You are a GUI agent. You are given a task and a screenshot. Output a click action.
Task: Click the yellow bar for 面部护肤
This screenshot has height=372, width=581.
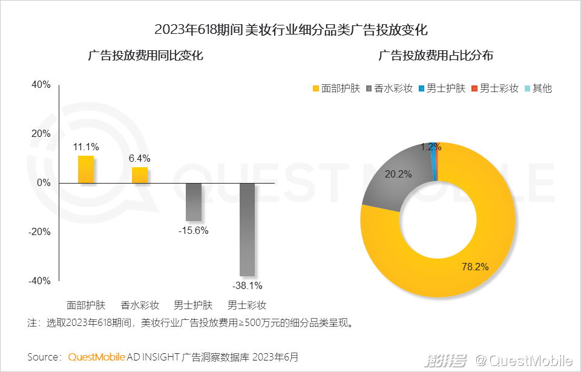point(86,169)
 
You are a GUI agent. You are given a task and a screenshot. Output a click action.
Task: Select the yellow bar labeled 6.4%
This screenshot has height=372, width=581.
point(140,174)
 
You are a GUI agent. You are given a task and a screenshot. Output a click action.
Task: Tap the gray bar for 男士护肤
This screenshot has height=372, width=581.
point(194,202)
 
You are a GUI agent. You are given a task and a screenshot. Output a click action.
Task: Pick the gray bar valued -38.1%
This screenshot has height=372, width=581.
point(247,229)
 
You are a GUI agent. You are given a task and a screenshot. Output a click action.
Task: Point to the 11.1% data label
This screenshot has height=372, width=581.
point(86,147)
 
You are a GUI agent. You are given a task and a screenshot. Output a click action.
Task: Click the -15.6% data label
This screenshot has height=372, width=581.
point(194,230)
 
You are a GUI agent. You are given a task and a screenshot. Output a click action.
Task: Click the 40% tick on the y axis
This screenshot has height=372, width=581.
point(41,84)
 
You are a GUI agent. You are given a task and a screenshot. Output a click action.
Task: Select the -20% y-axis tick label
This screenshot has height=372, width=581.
point(39,231)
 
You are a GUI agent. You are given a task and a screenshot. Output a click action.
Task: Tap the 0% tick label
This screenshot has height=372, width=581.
point(43,182)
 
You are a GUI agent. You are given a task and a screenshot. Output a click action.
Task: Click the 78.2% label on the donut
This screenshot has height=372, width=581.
point(476,266)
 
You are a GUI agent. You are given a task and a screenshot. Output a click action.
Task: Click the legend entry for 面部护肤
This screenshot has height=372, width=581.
point(336,88)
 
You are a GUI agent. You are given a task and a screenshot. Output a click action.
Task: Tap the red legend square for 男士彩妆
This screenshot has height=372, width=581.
point(474,88)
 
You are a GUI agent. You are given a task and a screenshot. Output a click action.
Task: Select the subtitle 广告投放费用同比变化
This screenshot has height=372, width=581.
point(145,56)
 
